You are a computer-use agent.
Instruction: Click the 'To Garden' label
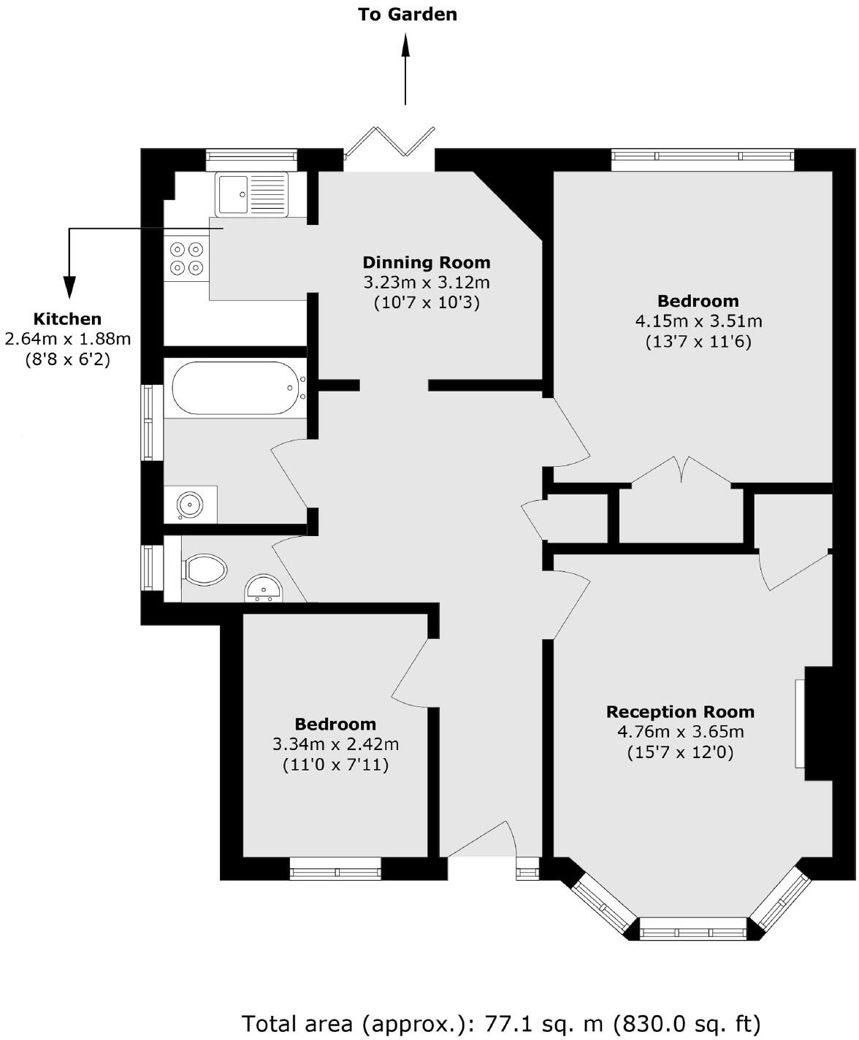point(407,15)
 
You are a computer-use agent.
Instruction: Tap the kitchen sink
point(251,194)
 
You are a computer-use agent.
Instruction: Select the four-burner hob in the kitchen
point(186,259)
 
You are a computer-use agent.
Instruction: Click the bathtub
point(235,388)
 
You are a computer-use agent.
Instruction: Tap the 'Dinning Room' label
point(427,263)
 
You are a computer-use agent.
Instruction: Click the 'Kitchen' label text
point(67,319)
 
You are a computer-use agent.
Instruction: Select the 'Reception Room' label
point(680,712)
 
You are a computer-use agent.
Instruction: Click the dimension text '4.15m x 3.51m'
point(698,321)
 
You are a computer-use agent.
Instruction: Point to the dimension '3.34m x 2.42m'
point(335,744)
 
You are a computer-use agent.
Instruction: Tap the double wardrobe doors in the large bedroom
point(682,470)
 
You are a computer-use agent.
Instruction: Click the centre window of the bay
point(692,933)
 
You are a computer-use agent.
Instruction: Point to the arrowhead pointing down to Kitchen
point(69,288)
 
